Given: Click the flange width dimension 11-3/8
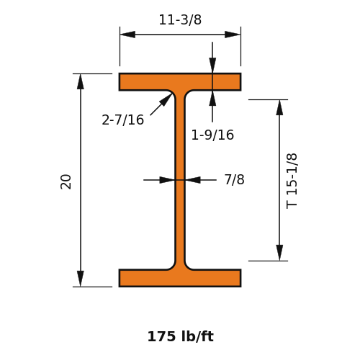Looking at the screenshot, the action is [x=180, y=19].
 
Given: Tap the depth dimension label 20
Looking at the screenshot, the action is [x=66, y=181].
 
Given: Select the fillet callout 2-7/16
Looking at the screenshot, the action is [x=123, y=120].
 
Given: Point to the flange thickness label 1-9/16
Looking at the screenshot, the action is [x=212, y=135].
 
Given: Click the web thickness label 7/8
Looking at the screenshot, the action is [x=234, y=179].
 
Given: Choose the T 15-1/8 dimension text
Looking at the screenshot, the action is [x=292, y=181].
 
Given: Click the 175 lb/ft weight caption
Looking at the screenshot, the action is [x=180, y=336].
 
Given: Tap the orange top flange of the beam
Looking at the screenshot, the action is [x=180, y=82].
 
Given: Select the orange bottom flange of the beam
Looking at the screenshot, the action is [x=180, y=278].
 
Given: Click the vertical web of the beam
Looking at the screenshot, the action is [x=180, y=180].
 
